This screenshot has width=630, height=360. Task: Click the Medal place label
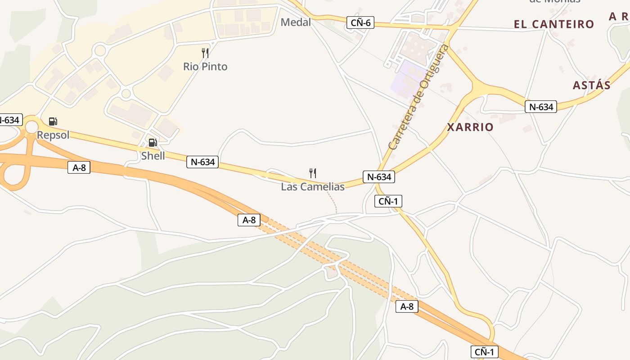click(x=296, y=22)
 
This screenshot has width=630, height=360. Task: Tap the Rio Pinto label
click(x=205, y=67)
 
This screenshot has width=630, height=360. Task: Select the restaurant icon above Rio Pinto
click(x=205, y=53)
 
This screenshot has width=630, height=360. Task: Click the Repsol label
click(x=53, y=135)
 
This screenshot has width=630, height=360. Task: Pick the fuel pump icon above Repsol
click(x=53, y=121)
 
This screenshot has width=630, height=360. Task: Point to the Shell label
click(x=153, y=156)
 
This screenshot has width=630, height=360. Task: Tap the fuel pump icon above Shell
click(x=153, y=143)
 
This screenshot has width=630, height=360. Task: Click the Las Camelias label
click(x=313, y=187)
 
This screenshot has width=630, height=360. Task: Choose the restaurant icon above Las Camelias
click(x=313, y=173)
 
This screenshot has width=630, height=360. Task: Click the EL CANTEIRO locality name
click(x=554, y=24)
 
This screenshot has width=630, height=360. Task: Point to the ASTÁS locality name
click(x=591, y=85)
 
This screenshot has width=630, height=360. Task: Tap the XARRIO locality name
click(x=470, y=127)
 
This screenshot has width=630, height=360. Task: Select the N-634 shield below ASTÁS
click(x=541, y=107)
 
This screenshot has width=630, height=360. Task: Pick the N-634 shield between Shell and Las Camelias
click(x=202, y=162)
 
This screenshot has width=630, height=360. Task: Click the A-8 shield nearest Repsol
click(x=79, y=168)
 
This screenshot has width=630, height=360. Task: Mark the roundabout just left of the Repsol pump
click(x=31, y=127)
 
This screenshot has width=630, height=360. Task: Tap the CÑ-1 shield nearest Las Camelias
click(x=388, y=201)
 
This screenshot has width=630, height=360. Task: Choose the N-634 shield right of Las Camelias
click(x=379, y=177)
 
